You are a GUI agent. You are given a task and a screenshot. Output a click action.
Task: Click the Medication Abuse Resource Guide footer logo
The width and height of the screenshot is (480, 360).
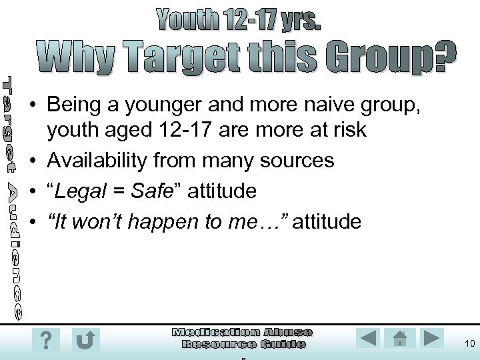click(243, 338)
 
